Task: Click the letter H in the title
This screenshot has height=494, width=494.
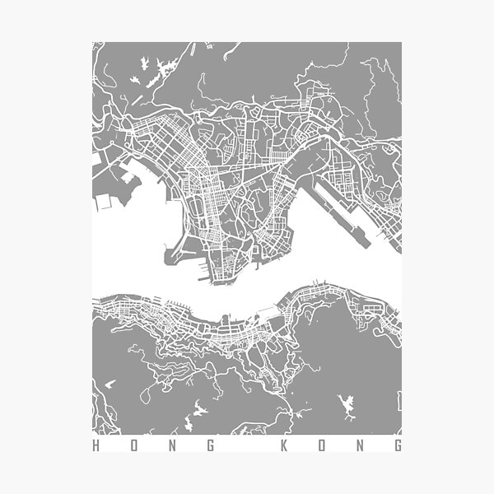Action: pyautogui.click(x=96, y=446)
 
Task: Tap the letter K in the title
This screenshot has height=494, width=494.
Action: pyautogui.click(x=283, y=446)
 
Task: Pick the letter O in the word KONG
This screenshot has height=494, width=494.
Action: pyautogui.click(x=321, y=446)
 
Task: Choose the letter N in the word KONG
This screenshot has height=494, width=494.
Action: pyautogui.click(x=359, y=446)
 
